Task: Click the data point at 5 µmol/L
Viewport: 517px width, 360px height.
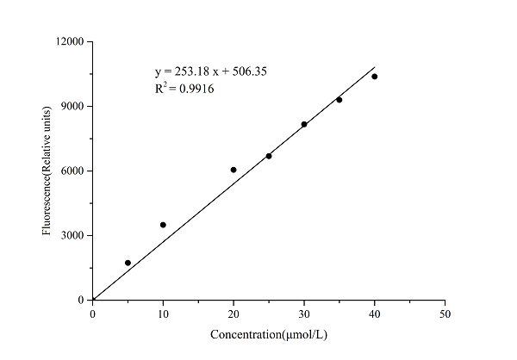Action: click(128, 263)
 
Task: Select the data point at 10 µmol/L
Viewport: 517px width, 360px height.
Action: click(163, 225)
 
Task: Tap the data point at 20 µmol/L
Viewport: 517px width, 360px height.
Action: click(234, 170)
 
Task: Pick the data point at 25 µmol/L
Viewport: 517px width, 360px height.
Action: click(269, 156)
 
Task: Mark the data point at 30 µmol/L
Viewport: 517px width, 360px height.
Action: click(304, 124)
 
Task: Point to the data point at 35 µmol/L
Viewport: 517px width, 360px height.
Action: click(339, 100)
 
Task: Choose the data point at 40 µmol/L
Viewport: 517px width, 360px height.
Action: click(375, 77)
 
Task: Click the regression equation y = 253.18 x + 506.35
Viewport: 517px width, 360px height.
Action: click(210, 71)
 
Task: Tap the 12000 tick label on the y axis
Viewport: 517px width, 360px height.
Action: click(70, 41)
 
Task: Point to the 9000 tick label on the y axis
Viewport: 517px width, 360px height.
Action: click(72, 106)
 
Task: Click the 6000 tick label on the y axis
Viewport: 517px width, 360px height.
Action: click(72, 171)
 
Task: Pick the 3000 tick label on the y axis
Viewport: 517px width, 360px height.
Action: click(72, 235)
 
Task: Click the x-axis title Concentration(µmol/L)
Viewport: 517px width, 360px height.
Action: click(269, 333)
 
